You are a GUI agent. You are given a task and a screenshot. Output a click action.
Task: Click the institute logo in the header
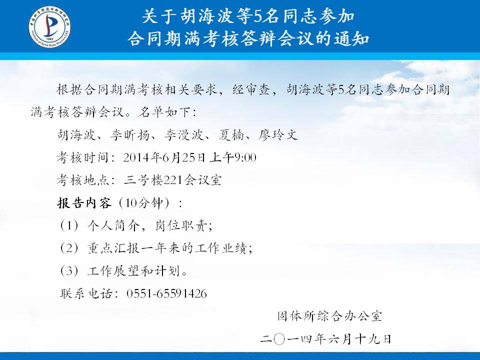(50, 26)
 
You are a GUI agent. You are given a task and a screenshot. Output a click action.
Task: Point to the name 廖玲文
(277, 134)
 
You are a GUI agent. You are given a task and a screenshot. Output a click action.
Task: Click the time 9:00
(245, 157)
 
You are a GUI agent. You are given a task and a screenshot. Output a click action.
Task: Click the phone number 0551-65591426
(166, 293)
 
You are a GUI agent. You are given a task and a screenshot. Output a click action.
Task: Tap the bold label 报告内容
(84, 202)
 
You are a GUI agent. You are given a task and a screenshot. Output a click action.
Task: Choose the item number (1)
(69, 225)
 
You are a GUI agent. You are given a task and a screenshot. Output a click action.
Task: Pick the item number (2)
(69, 248)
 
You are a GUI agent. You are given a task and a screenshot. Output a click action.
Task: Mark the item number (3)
(69, 270)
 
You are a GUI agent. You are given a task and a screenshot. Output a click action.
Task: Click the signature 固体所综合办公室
(330, 316)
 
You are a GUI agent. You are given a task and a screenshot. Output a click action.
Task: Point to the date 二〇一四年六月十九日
(326, 339)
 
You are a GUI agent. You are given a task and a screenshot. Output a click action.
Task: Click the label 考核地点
(83, 180)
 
